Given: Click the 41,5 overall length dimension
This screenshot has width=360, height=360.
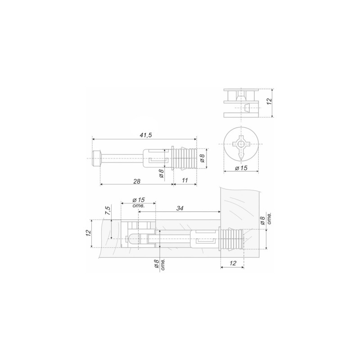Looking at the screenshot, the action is [146, 135].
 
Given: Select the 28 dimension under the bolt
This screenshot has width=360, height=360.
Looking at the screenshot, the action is [137, 181].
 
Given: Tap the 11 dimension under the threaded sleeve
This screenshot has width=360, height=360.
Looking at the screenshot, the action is [185, 180].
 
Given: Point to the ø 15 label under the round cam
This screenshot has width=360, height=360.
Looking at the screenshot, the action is [241, 168].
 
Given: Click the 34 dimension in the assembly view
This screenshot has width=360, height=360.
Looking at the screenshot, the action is [180, 208].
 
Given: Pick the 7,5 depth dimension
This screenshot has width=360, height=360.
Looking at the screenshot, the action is [108, 211].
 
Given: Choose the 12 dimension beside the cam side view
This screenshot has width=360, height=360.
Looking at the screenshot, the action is [269, 101].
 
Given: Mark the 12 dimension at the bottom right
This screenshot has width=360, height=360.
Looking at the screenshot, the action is [233, 263].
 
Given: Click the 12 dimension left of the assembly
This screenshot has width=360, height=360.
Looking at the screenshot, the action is [88, 233].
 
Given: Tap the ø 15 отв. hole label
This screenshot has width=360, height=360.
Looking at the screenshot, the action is [139, 202].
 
